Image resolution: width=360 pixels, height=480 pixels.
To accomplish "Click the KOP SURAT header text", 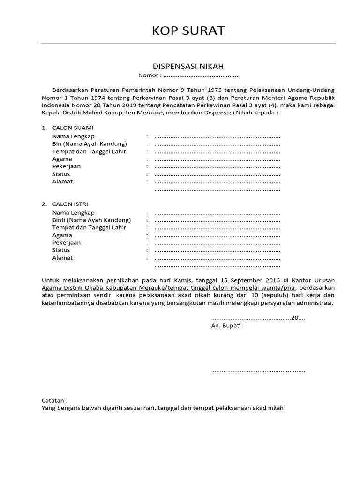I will click(188, 31).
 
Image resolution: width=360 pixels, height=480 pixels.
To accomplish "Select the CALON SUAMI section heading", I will click(73, 127).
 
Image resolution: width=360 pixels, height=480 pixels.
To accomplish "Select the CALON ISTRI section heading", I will click(70, 204).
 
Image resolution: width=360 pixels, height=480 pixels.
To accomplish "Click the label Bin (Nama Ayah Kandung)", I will click(90, 144).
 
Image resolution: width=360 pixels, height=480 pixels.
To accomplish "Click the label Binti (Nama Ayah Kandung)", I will click(91, 220).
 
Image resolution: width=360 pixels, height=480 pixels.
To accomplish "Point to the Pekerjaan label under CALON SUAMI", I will click(67, 166).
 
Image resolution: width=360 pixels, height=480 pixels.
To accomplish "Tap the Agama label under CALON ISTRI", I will click(62, 235).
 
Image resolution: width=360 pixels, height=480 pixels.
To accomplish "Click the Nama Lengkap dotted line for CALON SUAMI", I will click(217, 136).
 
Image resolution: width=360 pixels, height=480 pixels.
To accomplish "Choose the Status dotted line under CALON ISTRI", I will click(217, 250).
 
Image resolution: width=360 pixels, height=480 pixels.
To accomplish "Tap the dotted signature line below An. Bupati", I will click(258, 371).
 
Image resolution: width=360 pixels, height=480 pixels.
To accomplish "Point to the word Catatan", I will click(54, 400).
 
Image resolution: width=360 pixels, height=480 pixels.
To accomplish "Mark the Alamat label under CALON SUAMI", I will click(62, 181).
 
